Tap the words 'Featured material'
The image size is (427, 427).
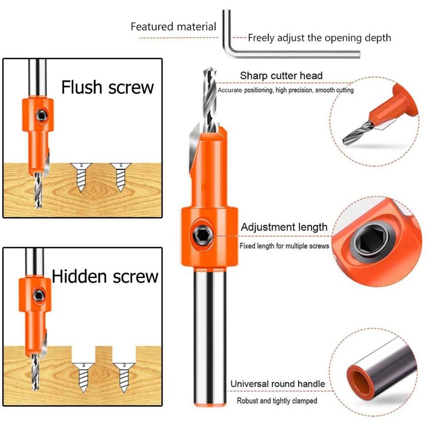click(174, 27)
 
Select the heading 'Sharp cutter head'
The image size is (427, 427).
click(281, 76)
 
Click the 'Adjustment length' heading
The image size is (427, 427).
click(284, 227)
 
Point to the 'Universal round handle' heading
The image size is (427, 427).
click(278, 383)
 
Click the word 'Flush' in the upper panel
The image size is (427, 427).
click(82, 87)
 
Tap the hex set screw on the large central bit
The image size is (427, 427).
click(202, 235)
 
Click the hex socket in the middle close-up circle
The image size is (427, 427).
click(372, 241)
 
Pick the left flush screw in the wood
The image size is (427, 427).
click(81, 177)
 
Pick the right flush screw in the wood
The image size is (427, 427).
click(120, 177)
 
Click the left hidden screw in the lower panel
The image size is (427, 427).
click(83, 378)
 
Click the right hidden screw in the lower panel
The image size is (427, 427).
click(124, 378)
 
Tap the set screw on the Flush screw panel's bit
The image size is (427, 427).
click(42, 116)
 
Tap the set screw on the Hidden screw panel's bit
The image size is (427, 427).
click(39, 296)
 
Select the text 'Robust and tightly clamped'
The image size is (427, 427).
click(277, 401)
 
